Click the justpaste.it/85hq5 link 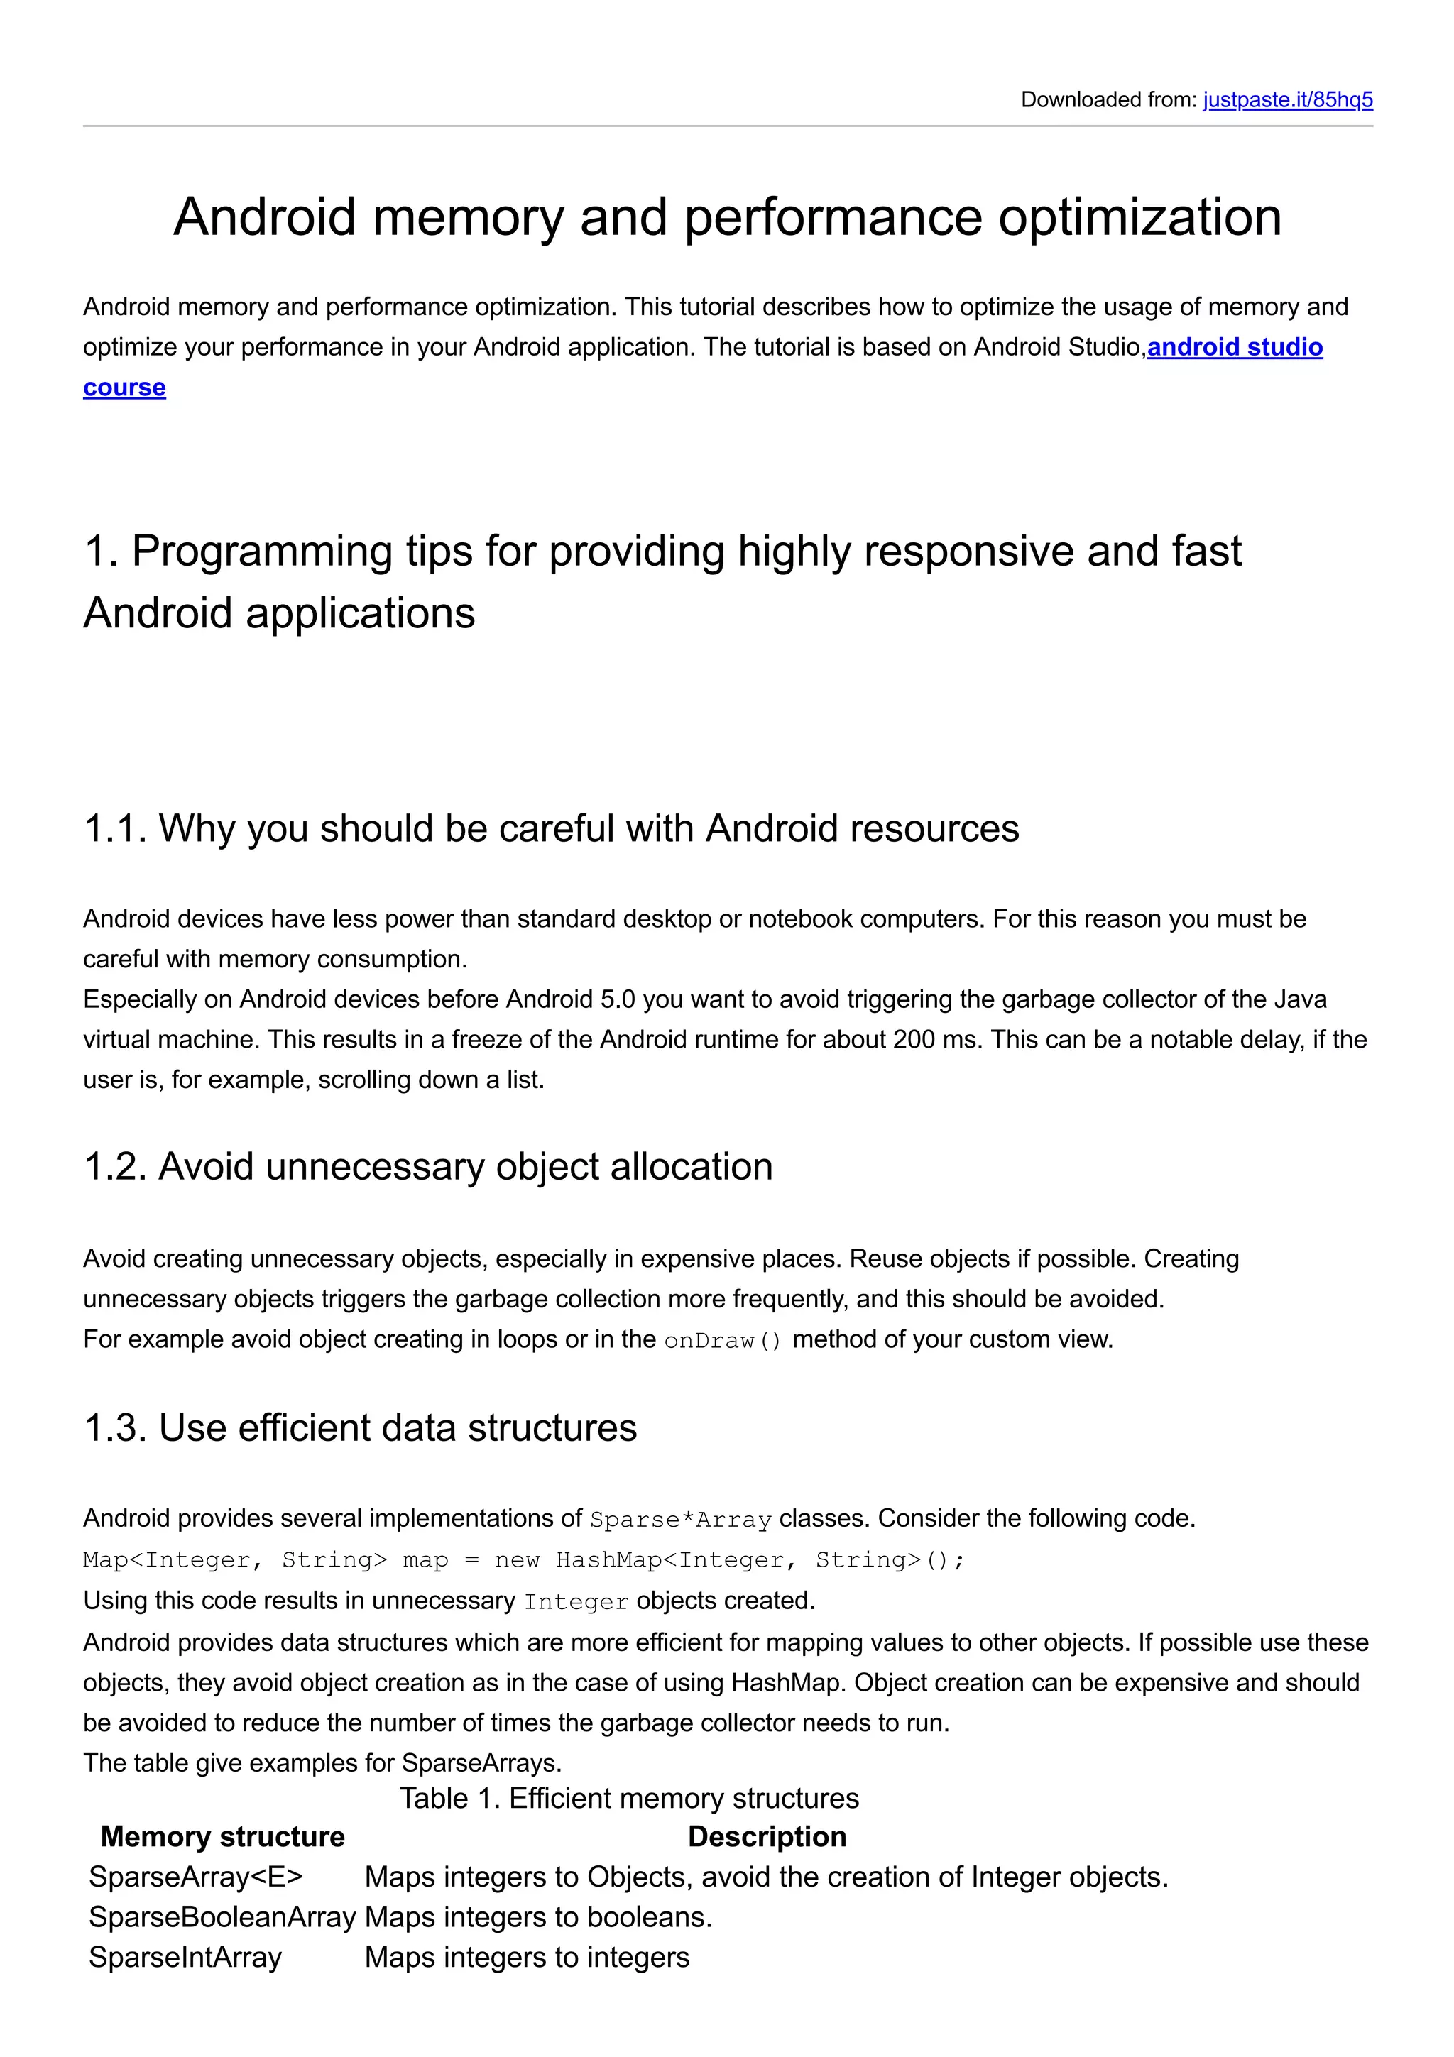1287,99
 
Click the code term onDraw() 723,1340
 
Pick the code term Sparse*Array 680,1520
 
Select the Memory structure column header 222,1837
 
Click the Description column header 767,1837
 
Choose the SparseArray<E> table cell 195,1877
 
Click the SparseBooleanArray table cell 222,1917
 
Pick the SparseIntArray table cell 185,1958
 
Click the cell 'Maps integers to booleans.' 538,1917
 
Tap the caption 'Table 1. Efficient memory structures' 629,1798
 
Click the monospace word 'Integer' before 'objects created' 576,1602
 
